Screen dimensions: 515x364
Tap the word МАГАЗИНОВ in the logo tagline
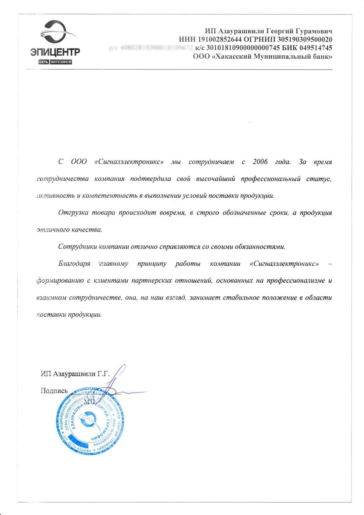(61, 62)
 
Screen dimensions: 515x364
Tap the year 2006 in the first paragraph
(260, 162)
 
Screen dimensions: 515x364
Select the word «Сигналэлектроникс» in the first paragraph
(129, 162)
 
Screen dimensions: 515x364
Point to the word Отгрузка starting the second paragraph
(73, 213)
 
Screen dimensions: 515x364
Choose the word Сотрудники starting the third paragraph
(77, 247)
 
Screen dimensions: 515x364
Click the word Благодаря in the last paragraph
(74, 264)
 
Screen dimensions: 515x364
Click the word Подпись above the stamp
(54, 391)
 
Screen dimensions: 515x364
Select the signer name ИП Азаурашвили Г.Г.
(75, 374)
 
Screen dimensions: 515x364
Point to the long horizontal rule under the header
(179, 70)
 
